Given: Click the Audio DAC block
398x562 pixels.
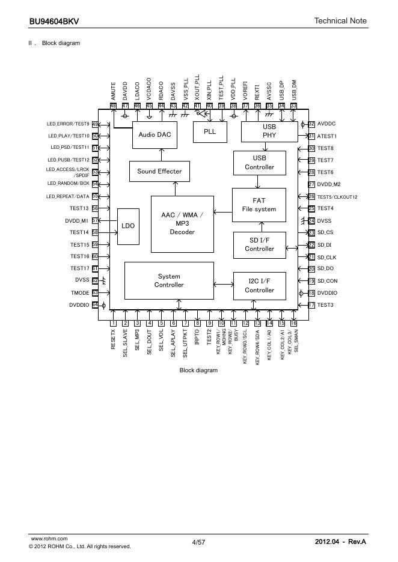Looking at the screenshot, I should (155, 134).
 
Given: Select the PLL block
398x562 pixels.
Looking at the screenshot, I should (210, 132).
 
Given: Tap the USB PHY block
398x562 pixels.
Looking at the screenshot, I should (269, 131).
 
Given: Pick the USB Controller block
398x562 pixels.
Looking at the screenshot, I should (259, 163).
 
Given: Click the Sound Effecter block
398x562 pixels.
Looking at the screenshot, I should (159, 171).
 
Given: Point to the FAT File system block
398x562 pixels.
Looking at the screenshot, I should (259, 205).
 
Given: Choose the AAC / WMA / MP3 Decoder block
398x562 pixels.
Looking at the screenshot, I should (182, 223).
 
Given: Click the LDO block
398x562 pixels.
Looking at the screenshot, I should (128, 226).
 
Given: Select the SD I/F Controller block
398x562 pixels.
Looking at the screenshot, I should (259, 244).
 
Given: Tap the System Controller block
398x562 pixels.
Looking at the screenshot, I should (169, 280).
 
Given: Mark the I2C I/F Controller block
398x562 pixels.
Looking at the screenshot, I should (259, 286).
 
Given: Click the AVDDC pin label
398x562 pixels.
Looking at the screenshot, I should (327, 124).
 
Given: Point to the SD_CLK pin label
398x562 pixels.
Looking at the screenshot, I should (326, 257).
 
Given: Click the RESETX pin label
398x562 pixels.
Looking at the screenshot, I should (113, 339).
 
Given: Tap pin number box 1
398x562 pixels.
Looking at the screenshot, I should (113, 324).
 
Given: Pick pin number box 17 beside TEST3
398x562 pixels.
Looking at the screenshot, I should (311, 305).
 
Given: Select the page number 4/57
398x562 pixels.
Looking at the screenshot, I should (198, 542).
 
